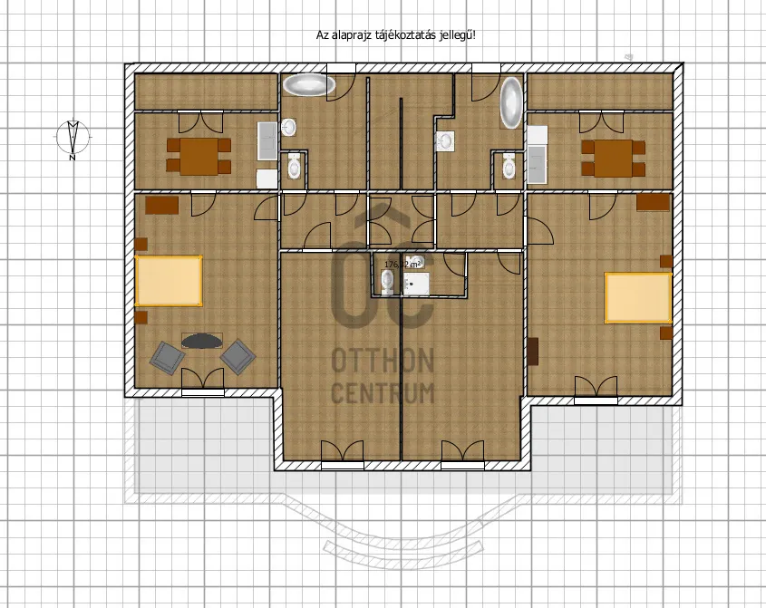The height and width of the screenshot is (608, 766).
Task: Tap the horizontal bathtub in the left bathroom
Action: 309,85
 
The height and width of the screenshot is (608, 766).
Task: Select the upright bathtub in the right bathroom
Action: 512,101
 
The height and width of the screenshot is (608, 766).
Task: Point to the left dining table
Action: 199,156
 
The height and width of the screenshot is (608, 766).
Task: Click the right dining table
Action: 613,157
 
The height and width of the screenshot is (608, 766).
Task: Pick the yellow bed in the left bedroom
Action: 169,281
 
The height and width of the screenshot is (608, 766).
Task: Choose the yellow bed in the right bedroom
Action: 637,297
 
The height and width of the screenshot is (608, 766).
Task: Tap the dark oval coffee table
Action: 201,341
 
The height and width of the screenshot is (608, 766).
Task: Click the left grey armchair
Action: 167,356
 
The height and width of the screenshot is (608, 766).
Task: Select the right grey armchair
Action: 238,355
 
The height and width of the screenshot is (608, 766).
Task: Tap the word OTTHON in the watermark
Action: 383,362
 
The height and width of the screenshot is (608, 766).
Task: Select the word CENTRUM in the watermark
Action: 383,393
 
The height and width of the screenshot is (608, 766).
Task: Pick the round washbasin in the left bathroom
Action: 288,128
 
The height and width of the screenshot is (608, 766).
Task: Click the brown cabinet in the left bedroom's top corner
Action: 162,206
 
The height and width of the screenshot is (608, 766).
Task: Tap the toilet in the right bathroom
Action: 509,167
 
